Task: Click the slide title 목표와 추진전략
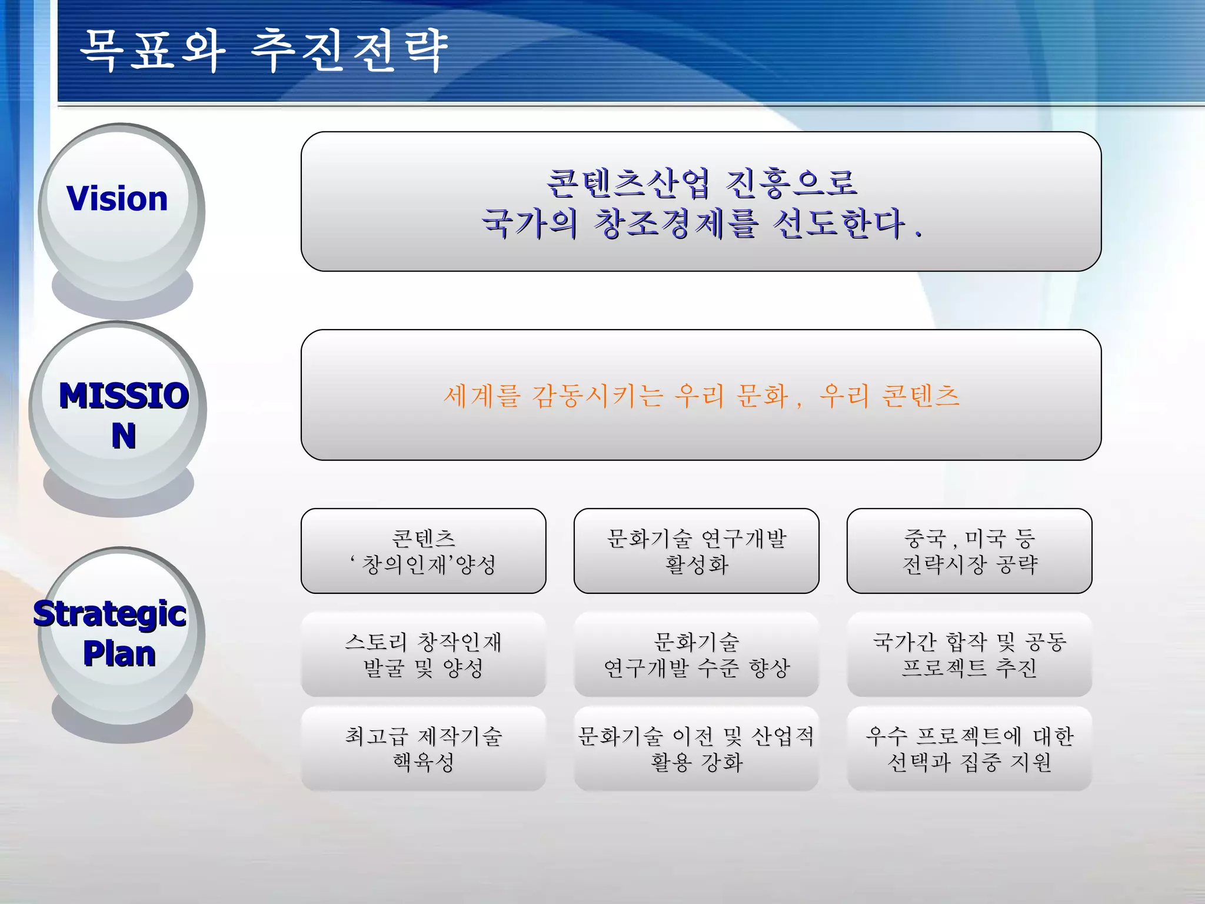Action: click(x=264, y=51)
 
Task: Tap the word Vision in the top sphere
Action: click(x=117, y=198)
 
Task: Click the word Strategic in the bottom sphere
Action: click(x=110, y=614)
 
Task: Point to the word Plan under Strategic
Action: click(x=119, y=654)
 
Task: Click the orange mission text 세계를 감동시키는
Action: click(x=552, y=395)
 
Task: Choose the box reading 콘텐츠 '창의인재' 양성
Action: click(x=423, y=551)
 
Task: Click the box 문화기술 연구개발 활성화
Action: click(x=696, y=551)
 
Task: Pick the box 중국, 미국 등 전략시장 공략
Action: click(x=969, y=551)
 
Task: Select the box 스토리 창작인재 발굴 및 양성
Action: click(x=423, y=654)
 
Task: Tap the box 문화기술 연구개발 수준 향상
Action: click(x=696, y=654)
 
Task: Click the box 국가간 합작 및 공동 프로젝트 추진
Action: click(x=969, y=654)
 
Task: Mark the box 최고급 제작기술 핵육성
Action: click(x=423, y=749)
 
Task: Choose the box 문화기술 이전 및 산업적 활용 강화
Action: click(x=696, y=749)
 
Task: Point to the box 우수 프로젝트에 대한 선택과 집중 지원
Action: click(x=969, y=749)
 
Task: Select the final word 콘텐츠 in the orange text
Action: click(x=921, y=395)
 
